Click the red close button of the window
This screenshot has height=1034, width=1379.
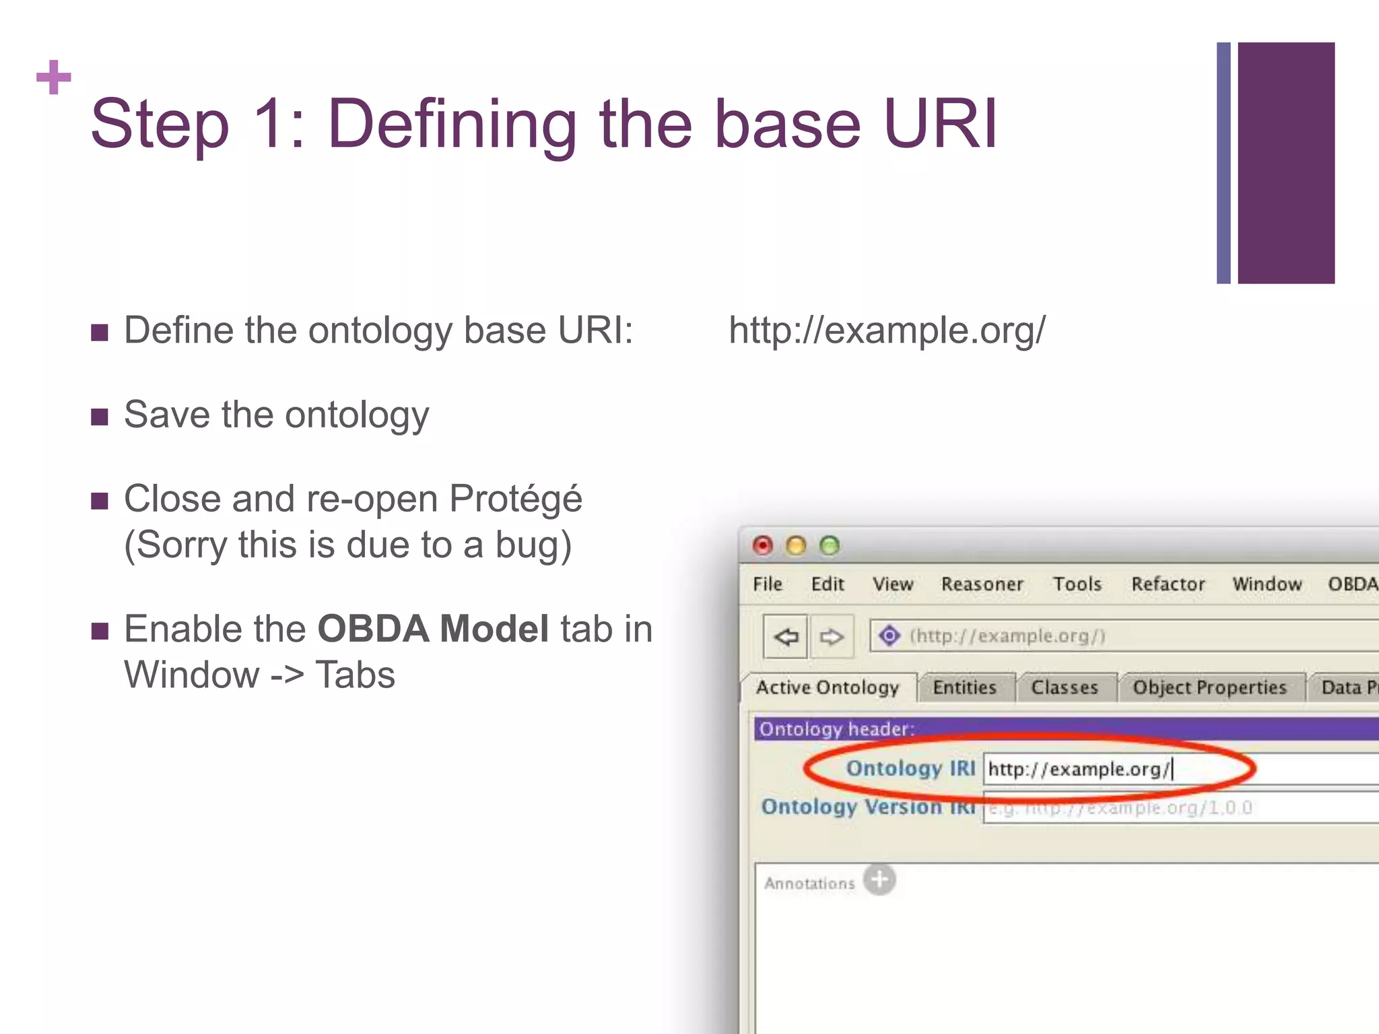coord(762,545)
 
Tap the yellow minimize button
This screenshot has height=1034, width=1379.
coord(796,545)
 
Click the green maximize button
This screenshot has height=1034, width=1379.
coord(830,545)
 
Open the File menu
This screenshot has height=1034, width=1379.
coord(767,584)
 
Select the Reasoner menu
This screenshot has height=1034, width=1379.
coord(982,584)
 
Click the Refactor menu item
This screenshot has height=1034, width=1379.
coord(1168,584)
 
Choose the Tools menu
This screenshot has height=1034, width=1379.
coord(1077,584)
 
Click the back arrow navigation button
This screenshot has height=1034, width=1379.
coord(785,635)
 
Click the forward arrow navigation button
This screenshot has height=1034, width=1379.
coord(831,635)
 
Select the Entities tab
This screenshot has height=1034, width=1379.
coord(964,687)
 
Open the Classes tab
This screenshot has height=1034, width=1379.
coord(1064,687)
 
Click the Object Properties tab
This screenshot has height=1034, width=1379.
coord(1209,687)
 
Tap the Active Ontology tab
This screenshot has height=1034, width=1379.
coord(828,687)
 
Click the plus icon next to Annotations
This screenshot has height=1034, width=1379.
coord(879,879)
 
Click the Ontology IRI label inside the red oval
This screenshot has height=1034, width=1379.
coord(910,768)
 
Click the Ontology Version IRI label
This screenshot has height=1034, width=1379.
coord(868,806)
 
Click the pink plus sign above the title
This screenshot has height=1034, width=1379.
coord(54,77)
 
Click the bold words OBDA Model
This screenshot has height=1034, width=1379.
coord(433,629)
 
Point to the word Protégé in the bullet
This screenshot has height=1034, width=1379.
coord(515,499)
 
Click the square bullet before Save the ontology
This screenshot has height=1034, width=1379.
coord(100,417)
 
